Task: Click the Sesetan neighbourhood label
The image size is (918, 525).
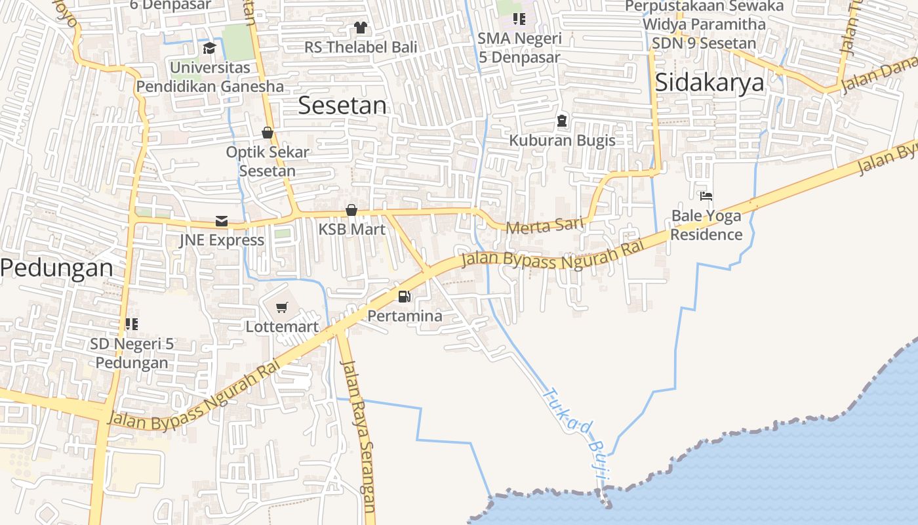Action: (x=342, y=105)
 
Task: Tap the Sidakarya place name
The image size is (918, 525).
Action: (x=709, y=83)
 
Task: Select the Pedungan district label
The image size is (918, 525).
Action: (x=56, y=268)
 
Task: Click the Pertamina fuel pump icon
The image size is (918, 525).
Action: (x=405, y=297)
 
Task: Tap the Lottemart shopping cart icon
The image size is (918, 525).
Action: (x=282, y=307)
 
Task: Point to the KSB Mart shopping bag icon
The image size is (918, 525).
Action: (x=351, y=210)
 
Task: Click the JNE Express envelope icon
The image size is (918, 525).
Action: (x=222, y=221)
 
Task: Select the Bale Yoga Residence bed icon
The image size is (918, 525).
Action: (x=706, y=196)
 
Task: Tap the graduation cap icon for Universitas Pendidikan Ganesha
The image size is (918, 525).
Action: (x=209, y=48)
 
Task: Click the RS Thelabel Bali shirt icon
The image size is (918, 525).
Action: (x=360, y=28)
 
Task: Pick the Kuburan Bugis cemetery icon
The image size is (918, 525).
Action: (x=562, y=121)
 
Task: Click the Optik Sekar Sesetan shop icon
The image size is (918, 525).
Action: (x=267, y=133)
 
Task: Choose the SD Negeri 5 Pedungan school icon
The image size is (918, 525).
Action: (x=132, y=324)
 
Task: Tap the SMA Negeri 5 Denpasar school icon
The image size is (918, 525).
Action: (x=519, y=19)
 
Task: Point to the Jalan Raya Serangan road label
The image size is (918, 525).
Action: (x=358, y=436)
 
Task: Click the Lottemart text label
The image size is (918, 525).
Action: (x=282, y=326)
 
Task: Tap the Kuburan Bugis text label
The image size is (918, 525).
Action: (x=562, y=140)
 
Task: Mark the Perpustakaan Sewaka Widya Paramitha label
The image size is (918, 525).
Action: (x=704, y=15)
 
